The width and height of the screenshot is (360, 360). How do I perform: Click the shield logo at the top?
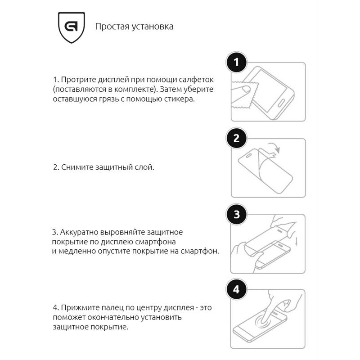(x=72, y=27)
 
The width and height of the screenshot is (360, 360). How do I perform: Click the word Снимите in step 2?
(x=77, y=167)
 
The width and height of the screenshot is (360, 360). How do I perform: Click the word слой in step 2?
(x=145, y=167)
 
